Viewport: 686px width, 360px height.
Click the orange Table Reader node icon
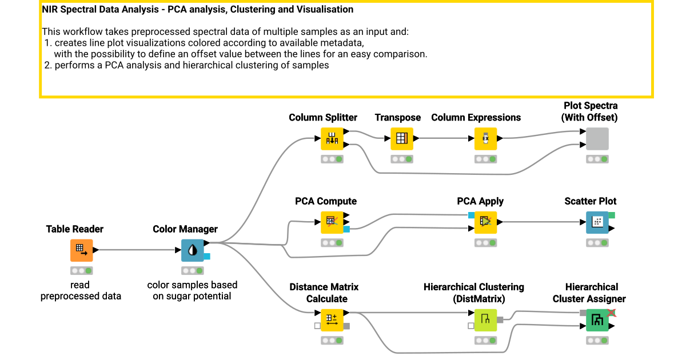[81, 250]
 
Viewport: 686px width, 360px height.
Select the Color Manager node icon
[192, 250]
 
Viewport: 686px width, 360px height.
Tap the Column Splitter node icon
[332, 139]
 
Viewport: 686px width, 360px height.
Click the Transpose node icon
[402, 139]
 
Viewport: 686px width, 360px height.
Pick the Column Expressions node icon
[485, 139]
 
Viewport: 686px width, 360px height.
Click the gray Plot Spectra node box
[597, 139]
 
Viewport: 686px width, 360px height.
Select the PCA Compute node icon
[332, 222]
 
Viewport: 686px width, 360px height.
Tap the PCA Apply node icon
[485, 222]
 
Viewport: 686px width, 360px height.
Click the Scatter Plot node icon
[597, 222]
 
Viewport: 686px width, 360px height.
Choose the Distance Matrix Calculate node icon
[332, 320]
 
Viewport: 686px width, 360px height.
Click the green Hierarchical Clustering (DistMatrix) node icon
[485, 320]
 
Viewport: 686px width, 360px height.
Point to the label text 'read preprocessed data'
[81, 290]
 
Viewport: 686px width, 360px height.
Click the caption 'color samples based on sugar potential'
[192, 290]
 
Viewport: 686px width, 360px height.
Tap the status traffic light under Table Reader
[81, 271]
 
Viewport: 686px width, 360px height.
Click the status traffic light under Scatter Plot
[597, 243]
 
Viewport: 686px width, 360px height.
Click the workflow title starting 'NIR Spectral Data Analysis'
[198, 10]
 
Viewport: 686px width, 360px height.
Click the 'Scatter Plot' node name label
[590, 201]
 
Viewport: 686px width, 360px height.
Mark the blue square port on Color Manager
[207, 257]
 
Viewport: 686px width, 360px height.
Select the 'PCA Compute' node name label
[326, 201]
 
